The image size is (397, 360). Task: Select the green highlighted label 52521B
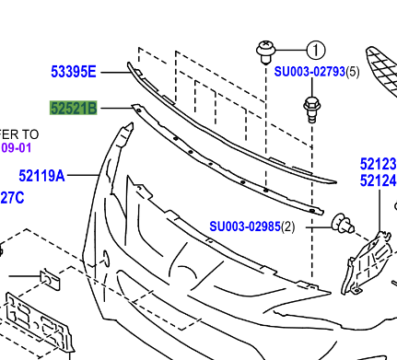pyautogui.click(x=73, y=110)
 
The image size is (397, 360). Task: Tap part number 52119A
pyautogui.click(x=41, y=175)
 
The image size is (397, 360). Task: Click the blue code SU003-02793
pyautogui.click(x=309, y=71)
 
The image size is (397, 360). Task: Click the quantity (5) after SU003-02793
pyautogui.click(x=352, y=71)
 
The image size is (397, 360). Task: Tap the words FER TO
pyautogui.click(x=18, y=133)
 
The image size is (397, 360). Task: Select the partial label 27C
pyautogui.click(x=12, y=195)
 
